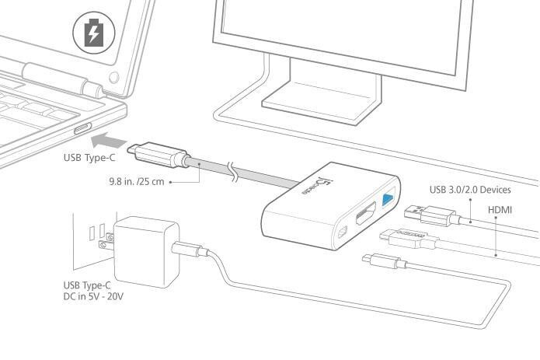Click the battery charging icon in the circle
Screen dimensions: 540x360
(94, 33)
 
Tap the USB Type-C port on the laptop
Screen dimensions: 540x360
(82, 128)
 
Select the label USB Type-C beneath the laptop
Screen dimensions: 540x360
(89, 158)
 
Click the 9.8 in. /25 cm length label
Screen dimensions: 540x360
(137, 181)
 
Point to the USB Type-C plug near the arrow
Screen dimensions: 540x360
(159, 155)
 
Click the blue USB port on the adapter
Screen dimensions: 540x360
(388, 199)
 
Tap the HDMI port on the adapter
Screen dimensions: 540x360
(366, 215)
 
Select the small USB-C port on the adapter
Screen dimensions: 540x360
(343, 233)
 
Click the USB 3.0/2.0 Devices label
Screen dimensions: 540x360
(470, 190)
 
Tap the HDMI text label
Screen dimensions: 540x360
(500, 209)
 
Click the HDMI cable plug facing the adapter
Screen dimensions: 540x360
(409, 238)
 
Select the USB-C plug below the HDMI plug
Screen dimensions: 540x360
(384, 261)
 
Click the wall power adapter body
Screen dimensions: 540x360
(146, 252)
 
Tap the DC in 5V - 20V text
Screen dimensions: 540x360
(93, 296)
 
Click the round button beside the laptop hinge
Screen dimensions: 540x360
(114, 78)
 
